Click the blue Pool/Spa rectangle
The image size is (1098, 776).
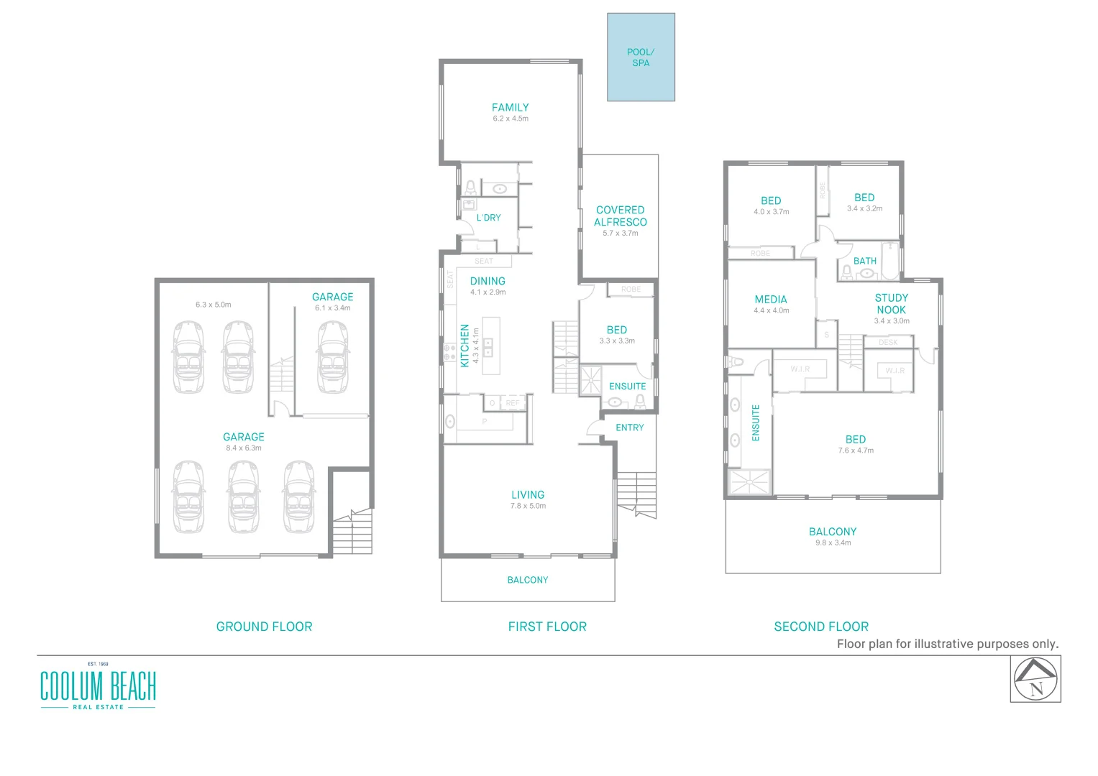tap(641, 57)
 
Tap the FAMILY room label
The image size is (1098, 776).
tap(510, 108)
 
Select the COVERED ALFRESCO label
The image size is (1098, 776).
tap(620, 216)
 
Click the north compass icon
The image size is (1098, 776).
tap(1035, 679)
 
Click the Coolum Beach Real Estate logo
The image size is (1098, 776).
tap(98, 687)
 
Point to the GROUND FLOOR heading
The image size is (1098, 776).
tap(264, 627)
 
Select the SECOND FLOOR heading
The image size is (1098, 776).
tap(820, 627)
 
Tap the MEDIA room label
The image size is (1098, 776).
tap(771, 300)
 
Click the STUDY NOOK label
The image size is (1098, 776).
tap(891, 304)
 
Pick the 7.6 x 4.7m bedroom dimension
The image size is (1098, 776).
tap(855, 451)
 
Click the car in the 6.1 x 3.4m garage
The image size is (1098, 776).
tap(333, 356)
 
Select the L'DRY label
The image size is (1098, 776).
tap(488, 218)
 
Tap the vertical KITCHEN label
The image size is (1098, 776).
tap(465, 346)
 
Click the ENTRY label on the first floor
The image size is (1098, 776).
tap(629, 428)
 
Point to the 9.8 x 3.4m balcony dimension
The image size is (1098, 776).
tap(833, 543)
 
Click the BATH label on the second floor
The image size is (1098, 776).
tap(864, 261)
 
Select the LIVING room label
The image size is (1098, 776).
tap(528, 495)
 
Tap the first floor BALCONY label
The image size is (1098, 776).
tap(527, 580)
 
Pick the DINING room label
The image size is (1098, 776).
tap(488, 281)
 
